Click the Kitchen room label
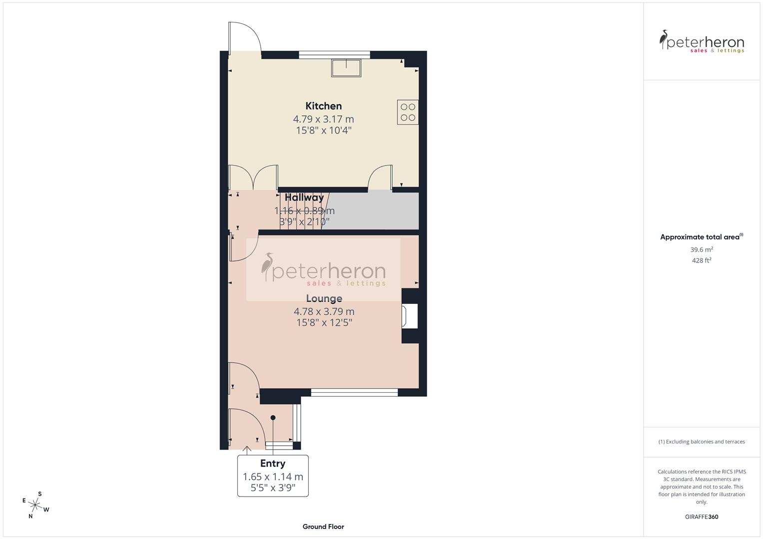(323, 106)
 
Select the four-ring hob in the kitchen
(408, 112)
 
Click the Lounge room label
(324, 298)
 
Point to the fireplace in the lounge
(410, 316)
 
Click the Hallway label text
(304, 198)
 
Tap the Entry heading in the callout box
(272, 464)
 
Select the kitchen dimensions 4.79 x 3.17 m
(323, 119)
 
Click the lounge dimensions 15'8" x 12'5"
(324, 323)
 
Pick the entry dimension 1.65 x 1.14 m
(273, 477)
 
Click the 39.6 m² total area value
(702, 250)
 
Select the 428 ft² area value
(702, 261)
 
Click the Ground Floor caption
(323, 527)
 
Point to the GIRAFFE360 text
(702, 517)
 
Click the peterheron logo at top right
(702, 42)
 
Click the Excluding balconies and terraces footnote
(702, 442)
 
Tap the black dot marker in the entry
(273, 418)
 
